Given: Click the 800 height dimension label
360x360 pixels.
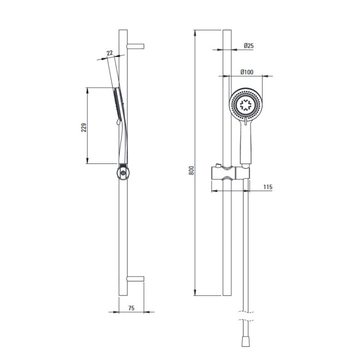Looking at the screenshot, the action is [191, 170].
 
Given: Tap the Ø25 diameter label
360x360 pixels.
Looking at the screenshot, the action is [248, 45].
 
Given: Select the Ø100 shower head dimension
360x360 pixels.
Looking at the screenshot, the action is [247, 72].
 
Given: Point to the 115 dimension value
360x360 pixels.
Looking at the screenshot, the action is [267, 187].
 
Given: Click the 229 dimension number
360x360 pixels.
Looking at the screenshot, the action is [84, 127].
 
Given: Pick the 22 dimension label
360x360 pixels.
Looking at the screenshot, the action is [109, 53].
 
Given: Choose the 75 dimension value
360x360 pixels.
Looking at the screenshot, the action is [131, 308].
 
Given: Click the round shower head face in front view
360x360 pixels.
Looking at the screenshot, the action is [245, 104].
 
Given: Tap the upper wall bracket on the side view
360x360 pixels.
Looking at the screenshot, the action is [135, 46].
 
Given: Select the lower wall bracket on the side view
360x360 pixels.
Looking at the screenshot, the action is [135, 279].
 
